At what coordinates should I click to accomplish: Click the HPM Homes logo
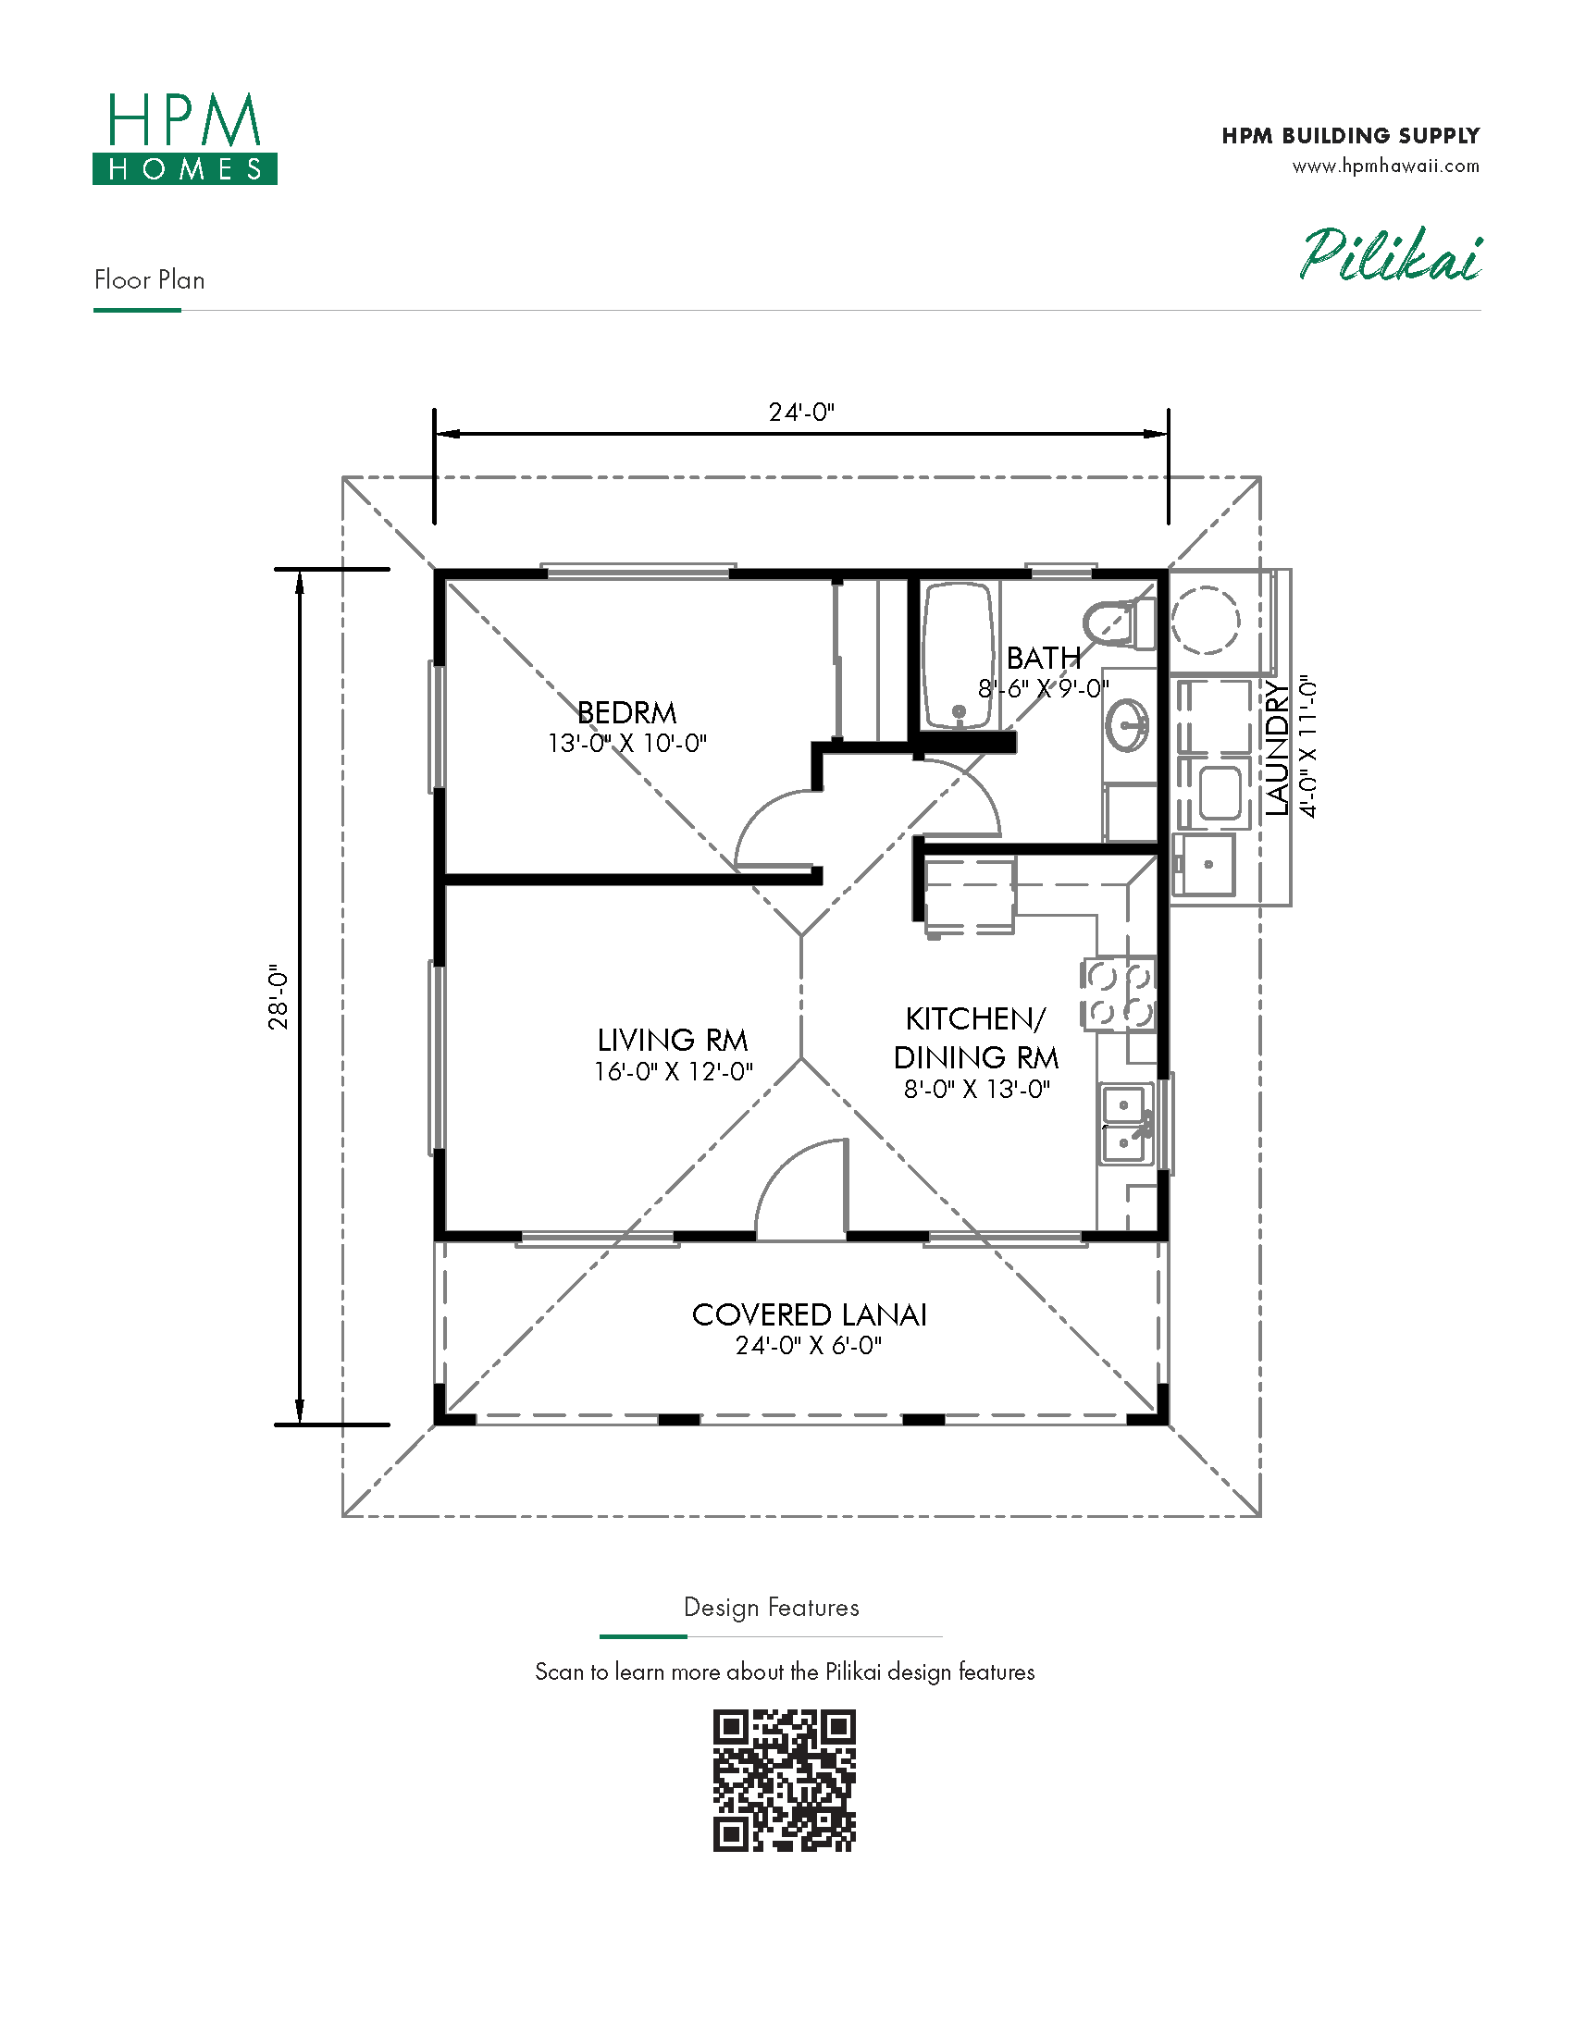tap(184, 138)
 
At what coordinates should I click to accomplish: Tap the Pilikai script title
tap(1391, 254)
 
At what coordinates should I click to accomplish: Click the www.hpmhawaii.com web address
tap(1386, 166)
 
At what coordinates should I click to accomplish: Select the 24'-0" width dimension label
tap(801, 412)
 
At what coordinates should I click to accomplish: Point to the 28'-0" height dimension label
tap(279, 996)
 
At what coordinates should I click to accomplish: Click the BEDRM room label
tap(627, 713)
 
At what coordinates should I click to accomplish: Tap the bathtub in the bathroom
tap(958, 655)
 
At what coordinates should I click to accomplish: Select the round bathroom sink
tap(1128, 723)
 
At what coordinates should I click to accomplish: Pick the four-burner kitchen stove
tap(1119, 994)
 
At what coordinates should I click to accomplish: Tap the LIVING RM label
tap(673, 1040)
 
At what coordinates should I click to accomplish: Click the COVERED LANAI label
tap(809, 1314)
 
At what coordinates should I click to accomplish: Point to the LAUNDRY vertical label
tap(1277, 748)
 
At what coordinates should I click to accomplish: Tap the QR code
tap(785, 1781)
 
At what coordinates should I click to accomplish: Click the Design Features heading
tap(772, 1608)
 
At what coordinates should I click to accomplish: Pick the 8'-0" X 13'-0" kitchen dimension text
tap(976, 1090)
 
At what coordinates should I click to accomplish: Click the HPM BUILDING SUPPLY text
tap(1351, 136)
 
